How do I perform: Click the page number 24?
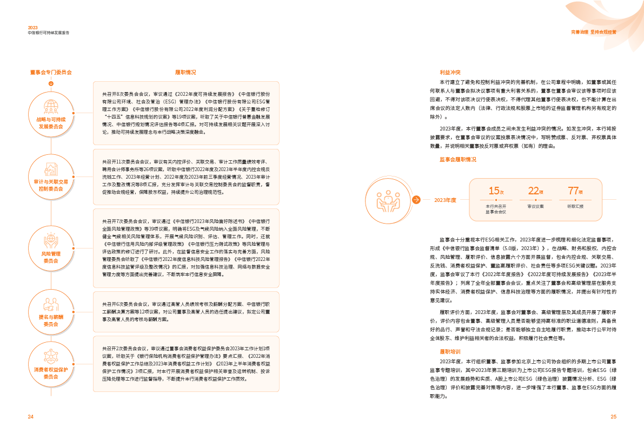pyautogui.click(x=31, y=416)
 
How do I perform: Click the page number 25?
pyautogui.click(x=613, y=416)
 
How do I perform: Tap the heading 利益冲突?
pyautogui.click(x=449, y=72)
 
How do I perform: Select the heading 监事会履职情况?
pyautogui.click(x=458, y=160)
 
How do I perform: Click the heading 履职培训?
pyautogui.click(x=449, y=351)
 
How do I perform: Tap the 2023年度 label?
pyautogui.click(x=445, y=200)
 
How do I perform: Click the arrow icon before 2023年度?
pyautogui.click(x=416, y=200)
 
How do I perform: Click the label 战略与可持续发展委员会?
pyautogui.click(x=51, y=123)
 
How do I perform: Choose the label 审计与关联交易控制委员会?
pyautogui.click(x=51, y=185)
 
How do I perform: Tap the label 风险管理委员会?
pyautogui.click(x=51, y=257)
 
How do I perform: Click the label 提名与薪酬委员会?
pyautogui.click(x=51, y=321)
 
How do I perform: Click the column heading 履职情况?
pyautogui.click(x=185, y=72)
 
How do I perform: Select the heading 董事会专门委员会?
pyautogui.click(x=51, y=72)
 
